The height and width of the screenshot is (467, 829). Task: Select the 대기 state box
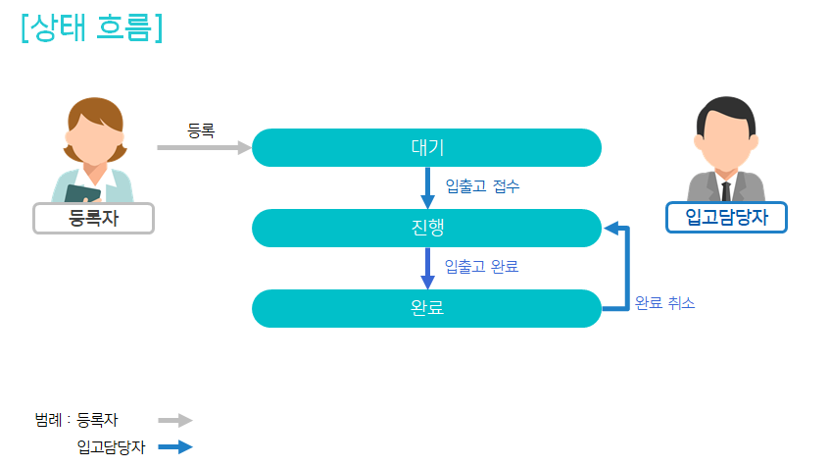(426, 148)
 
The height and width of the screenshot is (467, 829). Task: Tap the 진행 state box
(426, 229)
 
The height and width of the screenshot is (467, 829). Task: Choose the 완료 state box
(426, 308)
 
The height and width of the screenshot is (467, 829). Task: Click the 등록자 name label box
(94, 218)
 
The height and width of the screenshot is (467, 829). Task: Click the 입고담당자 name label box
(726, 217)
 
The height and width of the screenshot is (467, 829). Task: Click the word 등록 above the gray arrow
(201, 129)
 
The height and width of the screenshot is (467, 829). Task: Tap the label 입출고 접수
(482, 186)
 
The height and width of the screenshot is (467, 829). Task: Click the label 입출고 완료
(481, 267)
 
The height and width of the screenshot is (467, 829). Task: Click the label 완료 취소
(664, 303)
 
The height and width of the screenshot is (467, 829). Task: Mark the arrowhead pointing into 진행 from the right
(611, 229)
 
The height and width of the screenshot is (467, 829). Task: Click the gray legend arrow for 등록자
(175, 420)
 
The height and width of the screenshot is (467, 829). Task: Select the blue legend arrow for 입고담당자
(175, 447)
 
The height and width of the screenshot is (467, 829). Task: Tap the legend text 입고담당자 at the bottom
(111, 447)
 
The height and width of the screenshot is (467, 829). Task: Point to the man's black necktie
(726, 190)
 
